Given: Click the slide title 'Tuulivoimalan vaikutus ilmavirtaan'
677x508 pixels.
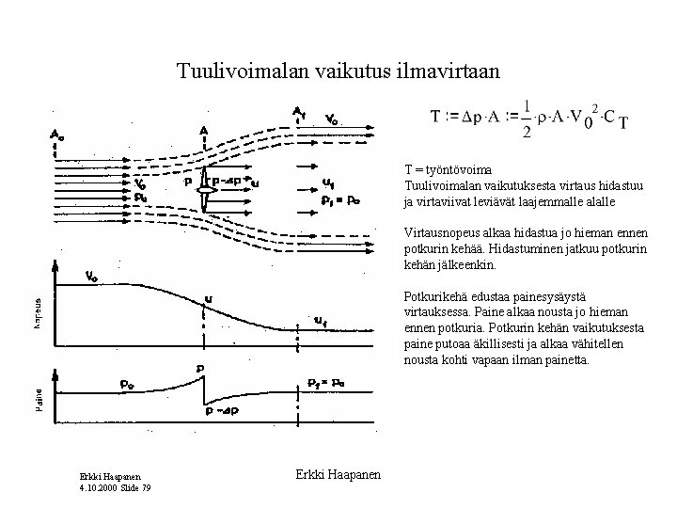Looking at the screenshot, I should [x=339, y=70].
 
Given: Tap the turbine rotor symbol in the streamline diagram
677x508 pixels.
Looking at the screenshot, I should [x=205, y=194].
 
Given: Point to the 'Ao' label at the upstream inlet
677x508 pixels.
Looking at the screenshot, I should [x=56, y=134].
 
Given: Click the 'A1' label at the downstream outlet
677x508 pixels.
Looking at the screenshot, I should [x=298, y=112].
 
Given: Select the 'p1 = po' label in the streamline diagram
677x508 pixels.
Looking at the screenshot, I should [x=340, y=198].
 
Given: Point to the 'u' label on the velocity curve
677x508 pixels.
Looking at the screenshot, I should [x=208, y=299].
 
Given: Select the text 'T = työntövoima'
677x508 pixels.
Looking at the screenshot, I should [x=447, y=170].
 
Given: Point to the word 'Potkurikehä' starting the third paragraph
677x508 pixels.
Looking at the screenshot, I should [x=435, y=296].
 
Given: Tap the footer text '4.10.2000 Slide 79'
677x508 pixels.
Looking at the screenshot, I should [x=116, y=486].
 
